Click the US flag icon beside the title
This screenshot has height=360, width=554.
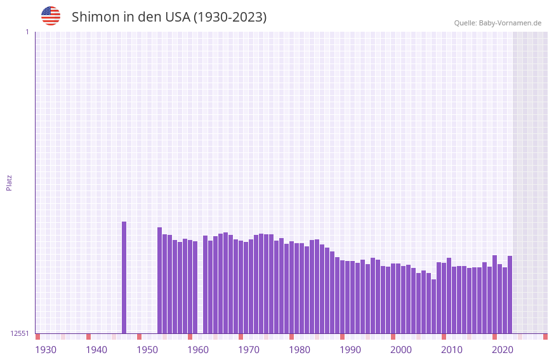coord(51,16)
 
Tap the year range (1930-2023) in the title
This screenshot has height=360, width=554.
coord(230,17)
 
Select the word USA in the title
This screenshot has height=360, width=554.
coord(177,17)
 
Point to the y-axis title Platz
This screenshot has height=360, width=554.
coord(9,182)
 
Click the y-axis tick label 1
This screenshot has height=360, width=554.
coord(27,32)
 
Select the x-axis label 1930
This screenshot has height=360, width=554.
coord(46,350)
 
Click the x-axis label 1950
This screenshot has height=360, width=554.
coord(147,350)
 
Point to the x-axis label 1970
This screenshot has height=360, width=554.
coord(249,350)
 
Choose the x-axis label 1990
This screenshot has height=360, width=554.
coord(350,350)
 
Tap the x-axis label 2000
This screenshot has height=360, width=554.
coord(401,350)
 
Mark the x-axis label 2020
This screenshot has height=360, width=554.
coord(503,350)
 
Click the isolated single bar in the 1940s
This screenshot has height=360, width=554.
coord(124,277)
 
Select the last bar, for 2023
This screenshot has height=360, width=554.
coord(510,295)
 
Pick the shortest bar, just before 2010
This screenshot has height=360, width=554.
coord(434,306)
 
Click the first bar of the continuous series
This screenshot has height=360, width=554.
coord(160,280)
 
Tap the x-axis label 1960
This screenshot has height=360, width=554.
coord(198,350)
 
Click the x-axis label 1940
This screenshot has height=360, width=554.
coord(96,350)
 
